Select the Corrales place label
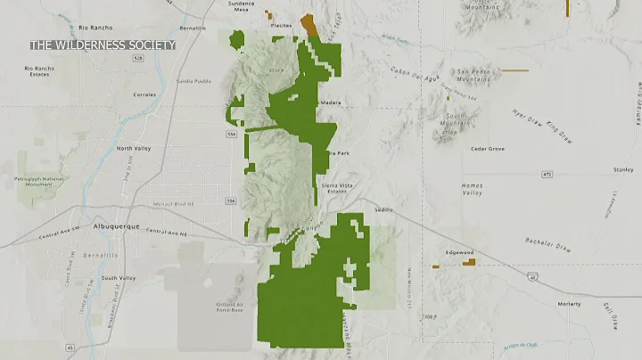click(x=144, y=94)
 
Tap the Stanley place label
click(x=623, y=168)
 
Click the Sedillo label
click(x=384, y=209)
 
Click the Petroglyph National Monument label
click(x=42, y=181)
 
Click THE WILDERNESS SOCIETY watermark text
click(x=103, y=45)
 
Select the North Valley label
click(x=136, y=148)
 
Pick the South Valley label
click(x=118, y=278)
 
